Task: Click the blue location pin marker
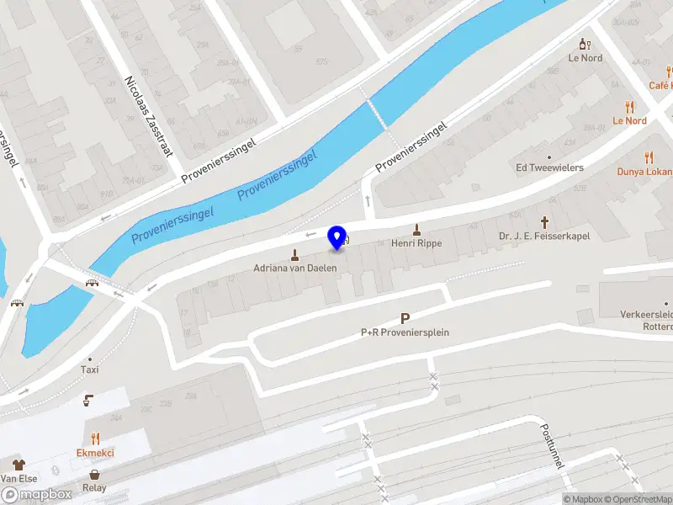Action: click(x=337, y=237)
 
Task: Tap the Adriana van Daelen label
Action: click(x=295, y=268)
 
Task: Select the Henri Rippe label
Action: click(x=416, y=243)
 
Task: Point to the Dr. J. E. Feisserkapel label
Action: click(x=543, y=237)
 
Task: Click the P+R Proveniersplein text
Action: click(x=405, y=332)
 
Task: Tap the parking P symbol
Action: click(x=405, y=319)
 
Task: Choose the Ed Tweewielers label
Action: click(x=549, y=167)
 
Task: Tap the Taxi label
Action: click(x=89, y=369)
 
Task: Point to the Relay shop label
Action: click(x=94, y=487)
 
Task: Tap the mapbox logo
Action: click(x=36, y=495)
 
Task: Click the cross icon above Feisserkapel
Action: click(x=544, y=222)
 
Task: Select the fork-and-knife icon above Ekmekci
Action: click(x=95, y=439)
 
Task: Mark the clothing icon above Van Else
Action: click(x=17, y=464)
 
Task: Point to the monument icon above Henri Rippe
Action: click(x=416, y=229)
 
